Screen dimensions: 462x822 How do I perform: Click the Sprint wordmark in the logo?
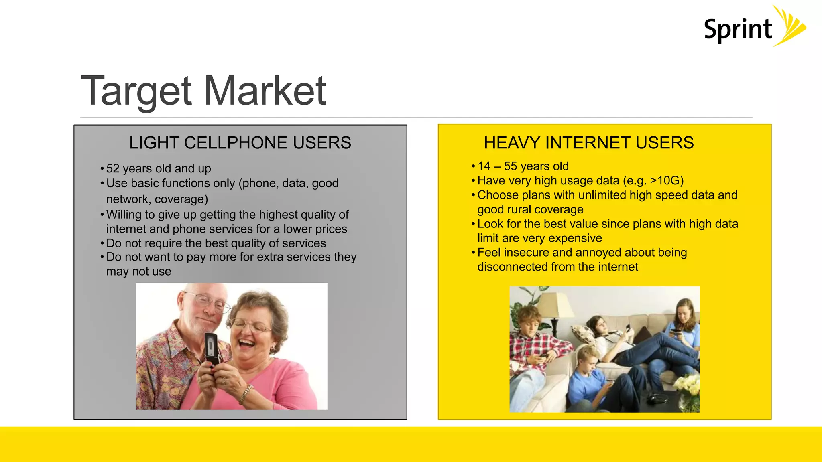[738, 30]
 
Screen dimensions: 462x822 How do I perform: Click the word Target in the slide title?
[137, 91]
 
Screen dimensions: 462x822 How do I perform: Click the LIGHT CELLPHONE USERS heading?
[240, 143]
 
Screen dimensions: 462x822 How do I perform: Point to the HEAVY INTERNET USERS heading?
[588, 143]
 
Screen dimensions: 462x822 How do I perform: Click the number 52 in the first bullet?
[113, 168]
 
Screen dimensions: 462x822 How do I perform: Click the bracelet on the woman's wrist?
[246, 393]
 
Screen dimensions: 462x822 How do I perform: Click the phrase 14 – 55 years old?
[523, 166]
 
